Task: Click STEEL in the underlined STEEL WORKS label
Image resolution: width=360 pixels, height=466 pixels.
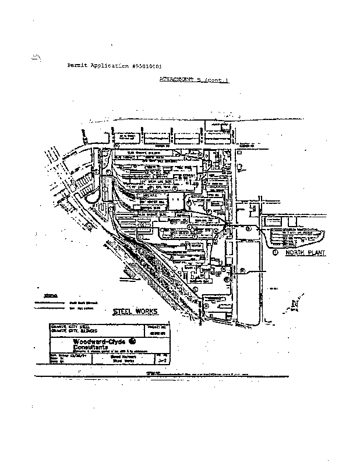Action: (x=123, y=312)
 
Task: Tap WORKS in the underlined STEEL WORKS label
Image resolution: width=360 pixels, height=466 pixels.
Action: (x=147, y=312)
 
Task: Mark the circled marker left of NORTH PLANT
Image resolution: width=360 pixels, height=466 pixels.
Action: (x=275, y=253)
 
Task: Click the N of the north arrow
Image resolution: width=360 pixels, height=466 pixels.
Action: (x=295, y=303)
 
